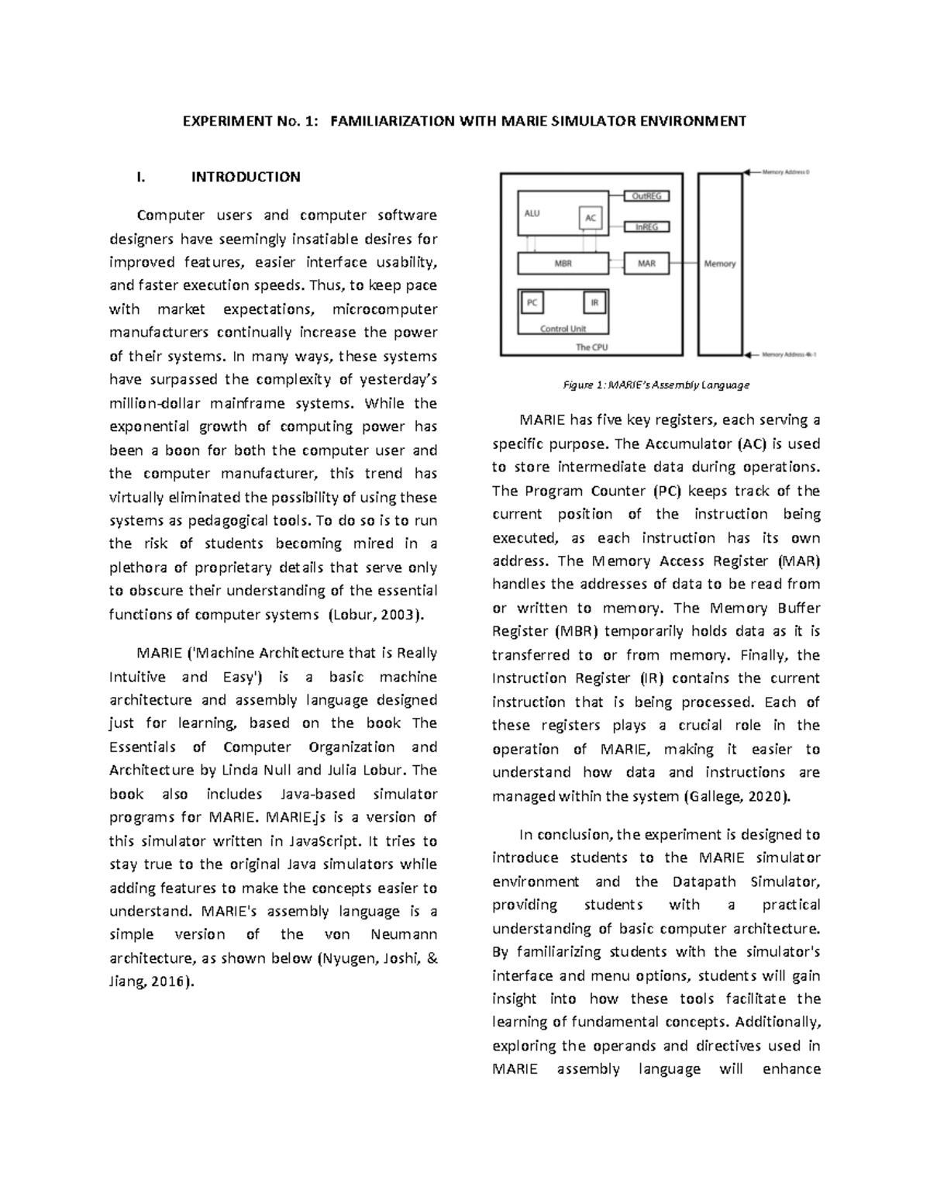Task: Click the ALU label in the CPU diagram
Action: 532,213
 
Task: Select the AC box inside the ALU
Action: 591,218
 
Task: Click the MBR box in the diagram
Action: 563,264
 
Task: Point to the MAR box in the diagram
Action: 646,264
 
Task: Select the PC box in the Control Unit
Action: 532,302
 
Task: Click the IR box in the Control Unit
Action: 594,302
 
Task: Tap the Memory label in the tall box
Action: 719,264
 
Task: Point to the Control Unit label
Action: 563,329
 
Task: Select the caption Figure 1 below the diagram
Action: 656,385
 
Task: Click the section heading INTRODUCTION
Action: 246,177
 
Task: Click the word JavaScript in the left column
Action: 324,840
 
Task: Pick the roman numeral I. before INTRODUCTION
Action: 140,177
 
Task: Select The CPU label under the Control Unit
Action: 591,347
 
